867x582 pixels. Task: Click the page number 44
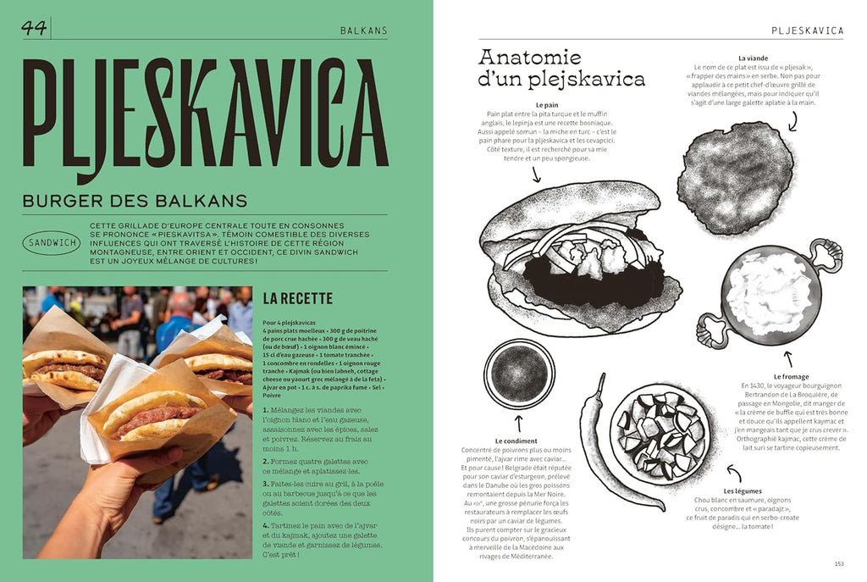pos(35,28)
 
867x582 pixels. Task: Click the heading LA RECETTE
pos(297,298)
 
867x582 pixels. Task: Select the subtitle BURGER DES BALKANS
pos(135,201)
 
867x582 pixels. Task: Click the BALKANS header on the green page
pos(363,30)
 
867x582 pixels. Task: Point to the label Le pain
pos(546,105)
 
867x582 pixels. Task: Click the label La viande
pos(754,58)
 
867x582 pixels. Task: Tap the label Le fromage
pos(791,376)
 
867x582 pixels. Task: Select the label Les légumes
pos(743,491)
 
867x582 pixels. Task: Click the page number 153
pos(838,563)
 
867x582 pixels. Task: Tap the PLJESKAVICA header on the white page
pos(808,30)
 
